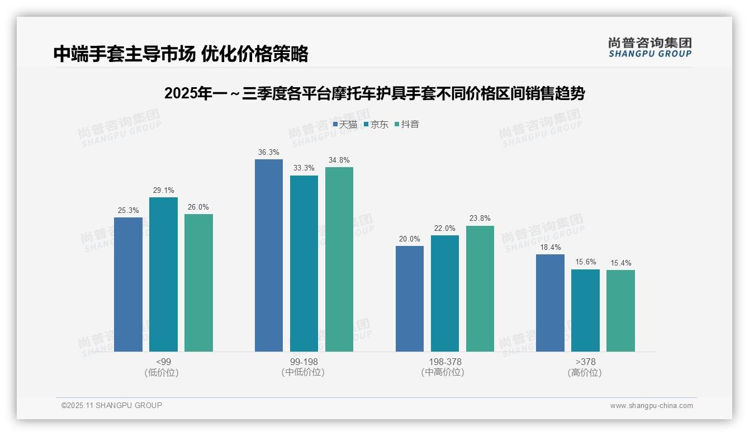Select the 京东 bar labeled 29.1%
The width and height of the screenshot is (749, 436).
(163, 274)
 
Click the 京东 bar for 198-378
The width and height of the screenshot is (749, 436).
(445, 293)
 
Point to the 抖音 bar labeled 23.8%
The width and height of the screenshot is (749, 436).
(480, 288)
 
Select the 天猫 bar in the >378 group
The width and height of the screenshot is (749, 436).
(550, 302)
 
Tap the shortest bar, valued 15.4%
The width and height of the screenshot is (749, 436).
(620, 310)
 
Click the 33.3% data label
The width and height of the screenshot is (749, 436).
(304, 168)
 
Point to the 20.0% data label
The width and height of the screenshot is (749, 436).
(410, 239)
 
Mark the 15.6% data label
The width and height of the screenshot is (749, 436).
(585, 262)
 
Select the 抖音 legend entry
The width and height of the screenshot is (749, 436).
(407, 124)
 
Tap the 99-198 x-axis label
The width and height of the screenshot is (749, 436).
(304, 362)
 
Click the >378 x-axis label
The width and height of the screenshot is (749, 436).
(585, 362)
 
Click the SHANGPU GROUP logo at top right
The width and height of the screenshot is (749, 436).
(650, 48)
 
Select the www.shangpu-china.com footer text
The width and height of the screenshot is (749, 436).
(651, 406)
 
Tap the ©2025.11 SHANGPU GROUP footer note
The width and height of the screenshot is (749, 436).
(112, 405)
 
